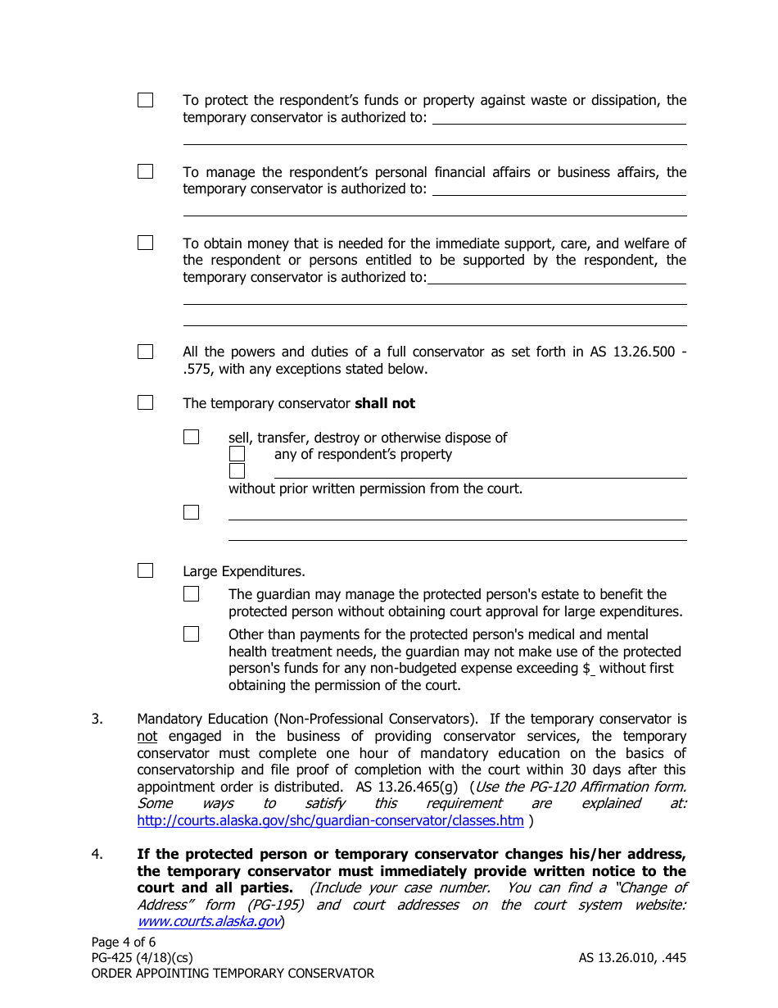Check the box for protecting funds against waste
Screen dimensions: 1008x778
145,100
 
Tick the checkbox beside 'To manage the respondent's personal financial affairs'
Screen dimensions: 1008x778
145,171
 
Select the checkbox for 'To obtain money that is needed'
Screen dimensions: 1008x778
145,243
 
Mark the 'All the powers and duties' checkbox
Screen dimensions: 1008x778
145,352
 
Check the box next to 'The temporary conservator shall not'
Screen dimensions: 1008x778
145,402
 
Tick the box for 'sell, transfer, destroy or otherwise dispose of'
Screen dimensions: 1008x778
191,437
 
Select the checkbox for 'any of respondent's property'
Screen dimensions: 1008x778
237,453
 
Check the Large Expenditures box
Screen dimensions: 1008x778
145,570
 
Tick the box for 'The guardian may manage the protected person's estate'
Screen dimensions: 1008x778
191,594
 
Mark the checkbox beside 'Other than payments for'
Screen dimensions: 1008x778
191,633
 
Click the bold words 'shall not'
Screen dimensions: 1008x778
384,403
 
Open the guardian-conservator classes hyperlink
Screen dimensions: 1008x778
330,820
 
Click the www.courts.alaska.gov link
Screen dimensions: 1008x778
209,922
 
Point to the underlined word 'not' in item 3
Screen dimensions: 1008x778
147,736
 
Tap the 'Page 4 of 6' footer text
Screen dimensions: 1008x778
124,942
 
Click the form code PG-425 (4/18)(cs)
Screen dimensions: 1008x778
142,957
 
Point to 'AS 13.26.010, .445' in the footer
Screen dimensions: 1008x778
632,957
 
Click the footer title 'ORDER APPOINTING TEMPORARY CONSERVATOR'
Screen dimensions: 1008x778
233,974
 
